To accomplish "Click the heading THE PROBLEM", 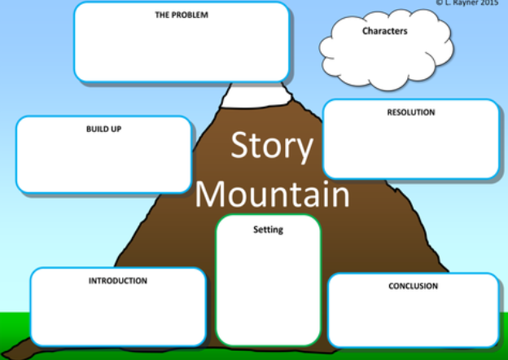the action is pyautogui.click(x=182, y=15).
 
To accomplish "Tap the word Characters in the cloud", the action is pyautogui.click(x=384, y=31).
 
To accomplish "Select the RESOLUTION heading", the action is pyautogui.click(x=411, y=112).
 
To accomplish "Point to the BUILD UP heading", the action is pyautogui.click(x=103, y=129).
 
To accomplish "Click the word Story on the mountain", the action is pyautogui.click(x=272, y=145).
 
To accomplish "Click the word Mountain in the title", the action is pyautogui.click(x=272, y=194).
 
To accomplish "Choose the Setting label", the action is pyautogui.click(x=268, y=230).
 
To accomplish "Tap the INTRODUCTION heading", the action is pyautogui.click(x=117, y=281).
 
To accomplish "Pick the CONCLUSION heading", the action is pyautogui.click(x=413, y=286).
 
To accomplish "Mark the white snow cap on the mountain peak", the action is pyautogui.click(x=256, y=95).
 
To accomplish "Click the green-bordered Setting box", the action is pyautogui.click(x=268, y=280).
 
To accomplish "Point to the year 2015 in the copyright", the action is pyautogui.click(x=489, y=3).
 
